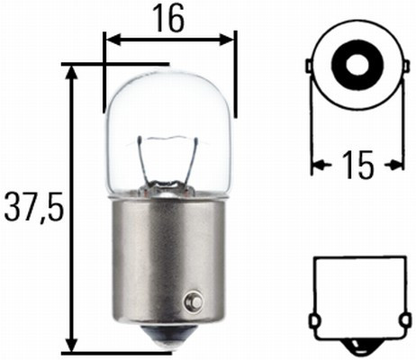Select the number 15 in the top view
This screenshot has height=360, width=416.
[x=357, y=165]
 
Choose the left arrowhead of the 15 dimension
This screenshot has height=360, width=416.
[x=317, y=165]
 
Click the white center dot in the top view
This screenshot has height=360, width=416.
[x=354, y=65]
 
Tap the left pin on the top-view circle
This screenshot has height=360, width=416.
[x=311, y=68]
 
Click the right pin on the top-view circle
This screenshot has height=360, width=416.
[x=397, y=68]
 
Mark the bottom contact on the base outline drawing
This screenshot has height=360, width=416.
[x=356, y=346]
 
